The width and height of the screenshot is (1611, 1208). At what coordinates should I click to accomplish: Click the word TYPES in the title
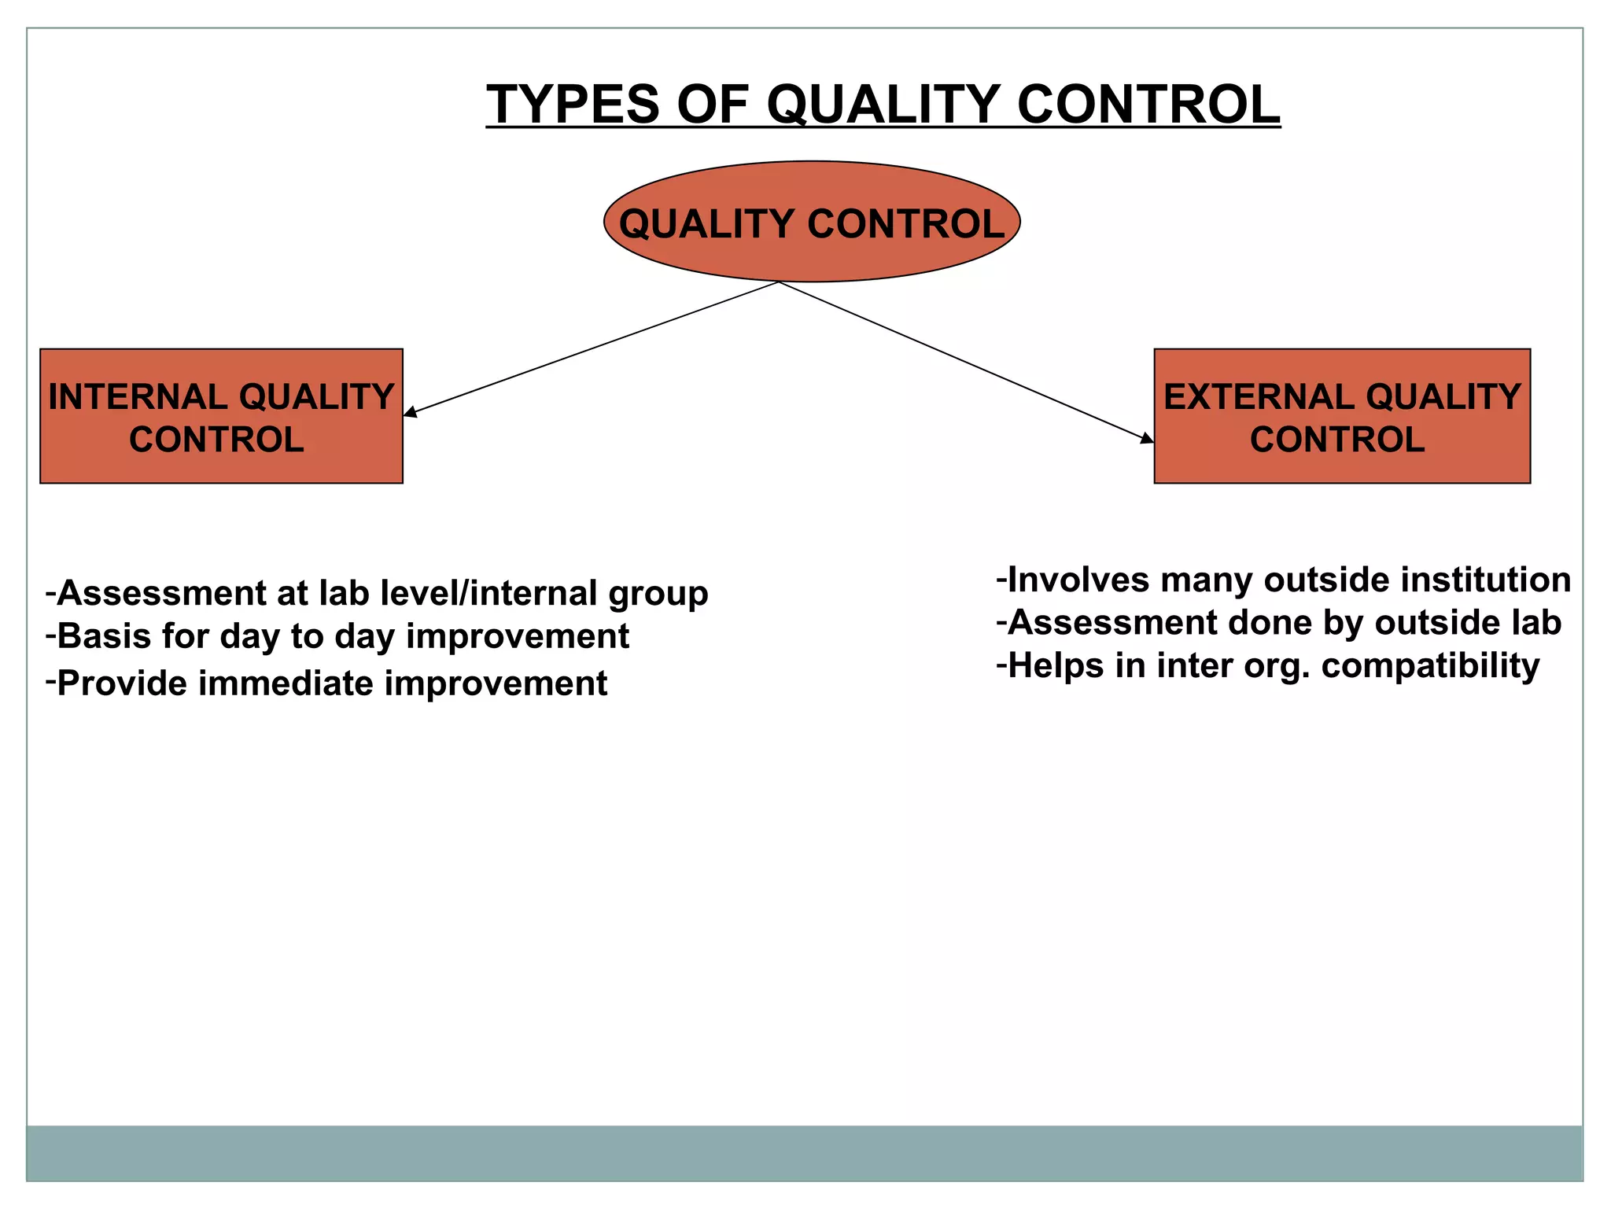click(x=573, y=105)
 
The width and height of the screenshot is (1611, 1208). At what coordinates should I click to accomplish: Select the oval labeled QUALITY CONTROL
click(x=812, y=223)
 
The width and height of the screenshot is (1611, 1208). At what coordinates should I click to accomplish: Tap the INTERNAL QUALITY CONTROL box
click(x=221, y=416)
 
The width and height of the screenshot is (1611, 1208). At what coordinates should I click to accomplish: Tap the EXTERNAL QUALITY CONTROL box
click(x=1342, y=416)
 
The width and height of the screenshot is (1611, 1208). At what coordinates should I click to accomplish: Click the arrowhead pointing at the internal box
click(x=410, y=411)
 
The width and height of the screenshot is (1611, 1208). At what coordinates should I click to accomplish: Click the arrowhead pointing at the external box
click(x=1147, y=438)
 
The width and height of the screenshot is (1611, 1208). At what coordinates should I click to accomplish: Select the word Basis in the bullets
click(x=104, y=636)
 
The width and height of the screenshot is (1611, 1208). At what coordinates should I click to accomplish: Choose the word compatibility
click(x=1430, y=666)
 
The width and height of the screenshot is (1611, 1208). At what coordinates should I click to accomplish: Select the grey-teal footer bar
click(x=804, y=1153)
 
